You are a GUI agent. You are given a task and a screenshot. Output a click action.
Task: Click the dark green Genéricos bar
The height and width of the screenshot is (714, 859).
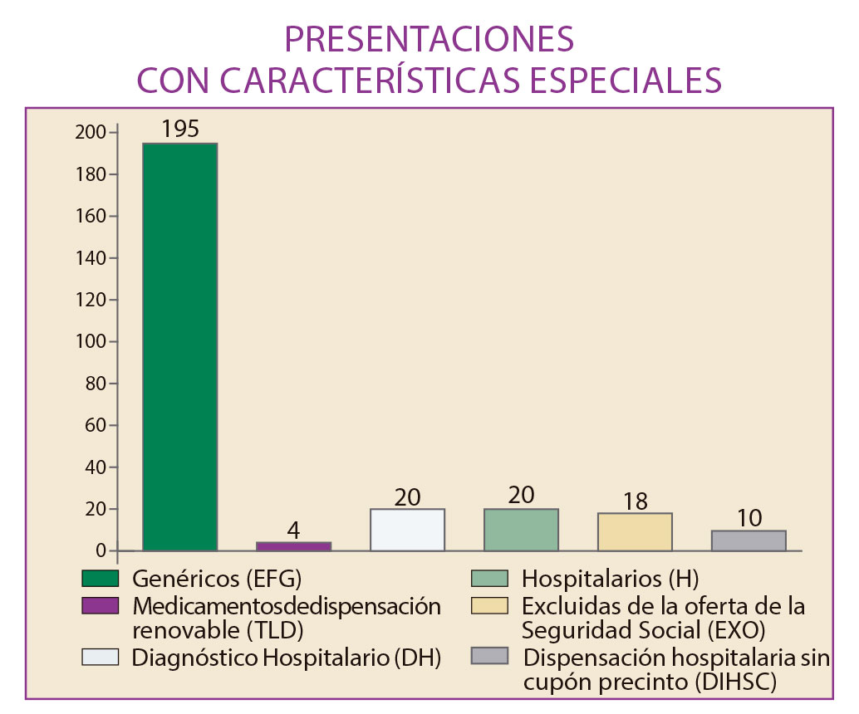(x=180, y=347)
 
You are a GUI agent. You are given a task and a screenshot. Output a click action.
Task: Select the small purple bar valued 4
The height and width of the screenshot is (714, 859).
(x=294, y=546)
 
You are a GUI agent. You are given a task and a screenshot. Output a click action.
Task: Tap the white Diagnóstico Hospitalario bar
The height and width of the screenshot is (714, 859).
(x=408, y=530)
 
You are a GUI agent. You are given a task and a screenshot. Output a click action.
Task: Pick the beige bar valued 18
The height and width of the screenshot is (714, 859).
(x=636, y=531)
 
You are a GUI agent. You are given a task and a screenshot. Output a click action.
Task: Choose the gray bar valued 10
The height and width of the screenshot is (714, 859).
(x=749, y=540)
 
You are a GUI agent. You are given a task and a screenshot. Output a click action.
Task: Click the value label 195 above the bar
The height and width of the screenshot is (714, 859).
(x=180, y=130)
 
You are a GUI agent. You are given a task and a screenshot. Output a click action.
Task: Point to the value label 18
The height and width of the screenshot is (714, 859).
(x=636, y=501)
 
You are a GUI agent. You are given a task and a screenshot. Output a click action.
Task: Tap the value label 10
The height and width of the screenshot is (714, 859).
(x=749, y=518)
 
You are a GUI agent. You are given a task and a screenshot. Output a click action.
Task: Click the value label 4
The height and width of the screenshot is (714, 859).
(x=294, y=530)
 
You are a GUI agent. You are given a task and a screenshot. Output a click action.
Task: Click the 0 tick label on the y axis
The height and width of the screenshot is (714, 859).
(x=101, y=551)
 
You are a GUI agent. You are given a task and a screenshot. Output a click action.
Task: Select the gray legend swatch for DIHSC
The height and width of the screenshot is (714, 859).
(x=489, y=656)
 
